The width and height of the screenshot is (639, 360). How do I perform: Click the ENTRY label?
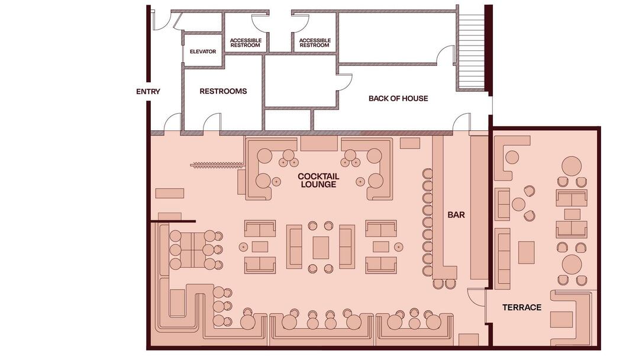[148, 92]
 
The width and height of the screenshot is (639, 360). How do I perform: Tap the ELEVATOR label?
[203, 52]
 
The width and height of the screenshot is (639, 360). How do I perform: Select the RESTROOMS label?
[223, 91]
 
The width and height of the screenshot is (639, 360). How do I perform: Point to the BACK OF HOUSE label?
[398, 98]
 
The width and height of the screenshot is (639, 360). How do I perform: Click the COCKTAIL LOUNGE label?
[319, 180]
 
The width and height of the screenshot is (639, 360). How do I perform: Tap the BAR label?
[456, 215]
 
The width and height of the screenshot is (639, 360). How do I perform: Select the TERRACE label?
[522, 307]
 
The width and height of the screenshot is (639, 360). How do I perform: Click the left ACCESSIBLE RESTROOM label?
[246, 43]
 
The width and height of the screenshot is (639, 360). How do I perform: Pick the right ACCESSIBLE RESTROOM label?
[315, 43]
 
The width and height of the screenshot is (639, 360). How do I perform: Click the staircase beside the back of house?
[472, 50]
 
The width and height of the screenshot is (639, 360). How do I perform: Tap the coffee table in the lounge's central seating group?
[321, 248]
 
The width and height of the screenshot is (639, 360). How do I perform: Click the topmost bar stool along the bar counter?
[427, 173]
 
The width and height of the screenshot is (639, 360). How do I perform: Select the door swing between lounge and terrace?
[475, 296]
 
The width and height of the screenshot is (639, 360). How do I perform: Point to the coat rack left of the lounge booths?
[217, 165]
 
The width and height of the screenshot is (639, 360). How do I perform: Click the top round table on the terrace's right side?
[572, 166]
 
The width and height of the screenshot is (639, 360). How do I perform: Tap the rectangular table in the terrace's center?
[526, 253]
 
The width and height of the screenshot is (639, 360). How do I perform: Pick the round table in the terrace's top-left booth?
[512, 157]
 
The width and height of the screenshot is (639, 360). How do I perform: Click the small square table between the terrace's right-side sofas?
[572, 214]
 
